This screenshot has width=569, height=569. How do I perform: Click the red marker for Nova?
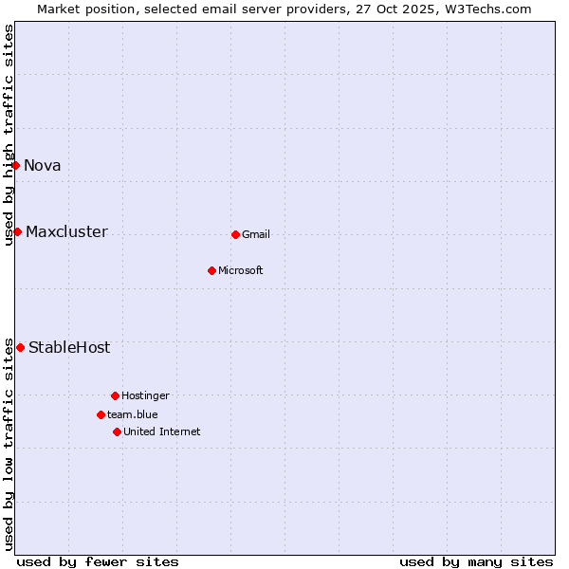pyautogui.click(x=16, y=166)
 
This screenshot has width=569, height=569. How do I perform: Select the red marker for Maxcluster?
pyautogui.click(x=17, y=232)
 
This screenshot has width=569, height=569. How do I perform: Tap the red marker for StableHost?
pyautogui.click(x=20, y=348)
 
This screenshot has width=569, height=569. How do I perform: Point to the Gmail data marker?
pyautogui.click(x=235, y=234)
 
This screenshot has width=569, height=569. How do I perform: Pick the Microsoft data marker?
pyautogui.click(x=211, y=271)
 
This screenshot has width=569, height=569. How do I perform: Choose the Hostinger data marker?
pyautogui.click(x=115, y=395)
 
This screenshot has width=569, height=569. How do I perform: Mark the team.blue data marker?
pyautogui.click(x=101, y=414)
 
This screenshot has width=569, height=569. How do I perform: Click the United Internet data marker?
pyautogui.click(x=117, y=431)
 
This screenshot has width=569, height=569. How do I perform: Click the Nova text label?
pyautogui.click(x=43, y=166)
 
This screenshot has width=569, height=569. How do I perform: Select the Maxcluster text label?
pyautogui.click(x=66, y=232)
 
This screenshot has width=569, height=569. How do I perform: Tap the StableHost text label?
pyautogui.click(x=69, y=348)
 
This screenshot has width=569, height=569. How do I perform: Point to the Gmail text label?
pyautogui.click(x=256, y=235)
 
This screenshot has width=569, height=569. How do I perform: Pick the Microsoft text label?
pyautogui.click(x=241, y=271)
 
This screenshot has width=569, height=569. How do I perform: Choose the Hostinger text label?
pyautogui.click(x=145, y=395)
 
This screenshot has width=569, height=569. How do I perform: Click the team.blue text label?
pyautogui.click(x=133, y=414)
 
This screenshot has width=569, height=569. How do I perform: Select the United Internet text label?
pyautogui.click(x=162, y=431)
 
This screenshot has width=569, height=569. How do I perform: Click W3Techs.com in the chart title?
pyautogui.click(x=486, y=9)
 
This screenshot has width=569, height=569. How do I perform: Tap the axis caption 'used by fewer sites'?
pyautogui.click(x=98, y=561)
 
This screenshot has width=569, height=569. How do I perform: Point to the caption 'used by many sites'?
pyautogui.click(x=476, y=561)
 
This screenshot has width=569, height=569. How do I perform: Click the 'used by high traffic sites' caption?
pyautogui.click(x=9, y=136)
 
